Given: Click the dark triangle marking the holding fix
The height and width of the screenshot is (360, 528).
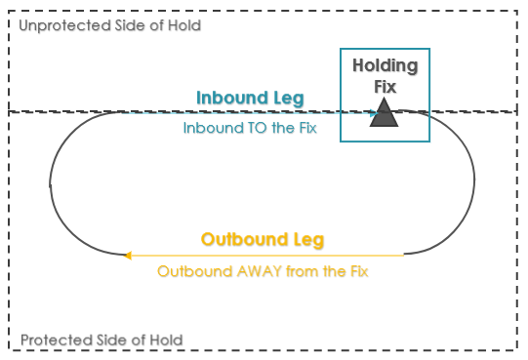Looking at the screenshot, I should [385, 115].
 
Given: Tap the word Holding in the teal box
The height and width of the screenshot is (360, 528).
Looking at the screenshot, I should [385, 66].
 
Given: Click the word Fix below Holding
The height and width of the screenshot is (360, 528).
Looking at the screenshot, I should [385, 86].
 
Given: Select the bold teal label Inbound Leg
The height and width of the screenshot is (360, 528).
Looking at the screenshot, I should [250, 98].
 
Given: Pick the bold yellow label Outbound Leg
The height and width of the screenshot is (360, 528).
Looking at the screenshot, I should [262, 239].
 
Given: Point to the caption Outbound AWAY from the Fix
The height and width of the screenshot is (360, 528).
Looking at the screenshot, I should [262, 270].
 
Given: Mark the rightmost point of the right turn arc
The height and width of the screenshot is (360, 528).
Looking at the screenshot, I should [474, 182].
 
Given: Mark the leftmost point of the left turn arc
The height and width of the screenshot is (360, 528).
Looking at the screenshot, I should [50, 182].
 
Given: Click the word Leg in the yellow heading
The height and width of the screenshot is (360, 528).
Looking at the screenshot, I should [306, 239].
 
